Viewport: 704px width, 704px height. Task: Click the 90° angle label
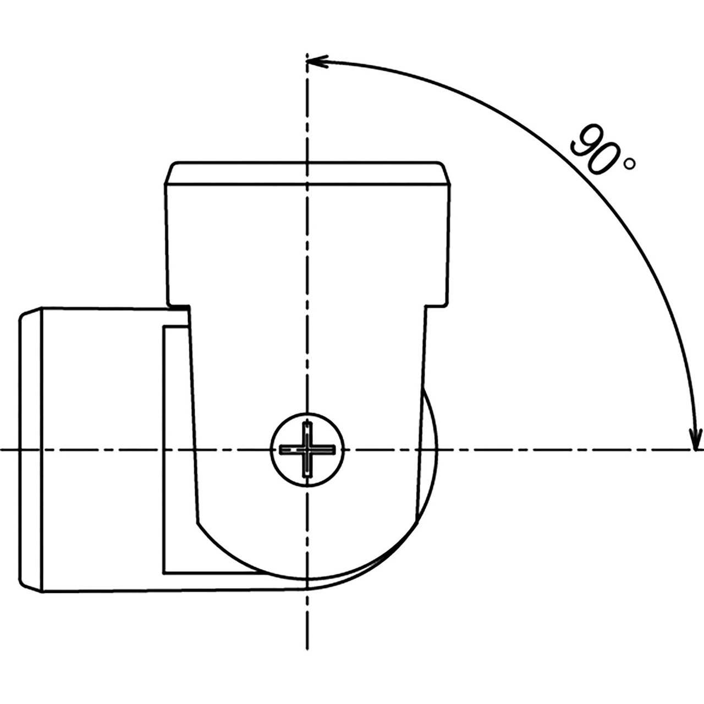[603, 151]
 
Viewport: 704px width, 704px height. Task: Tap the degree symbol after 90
[629, 164]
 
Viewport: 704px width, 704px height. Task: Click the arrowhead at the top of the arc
[317, 62]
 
